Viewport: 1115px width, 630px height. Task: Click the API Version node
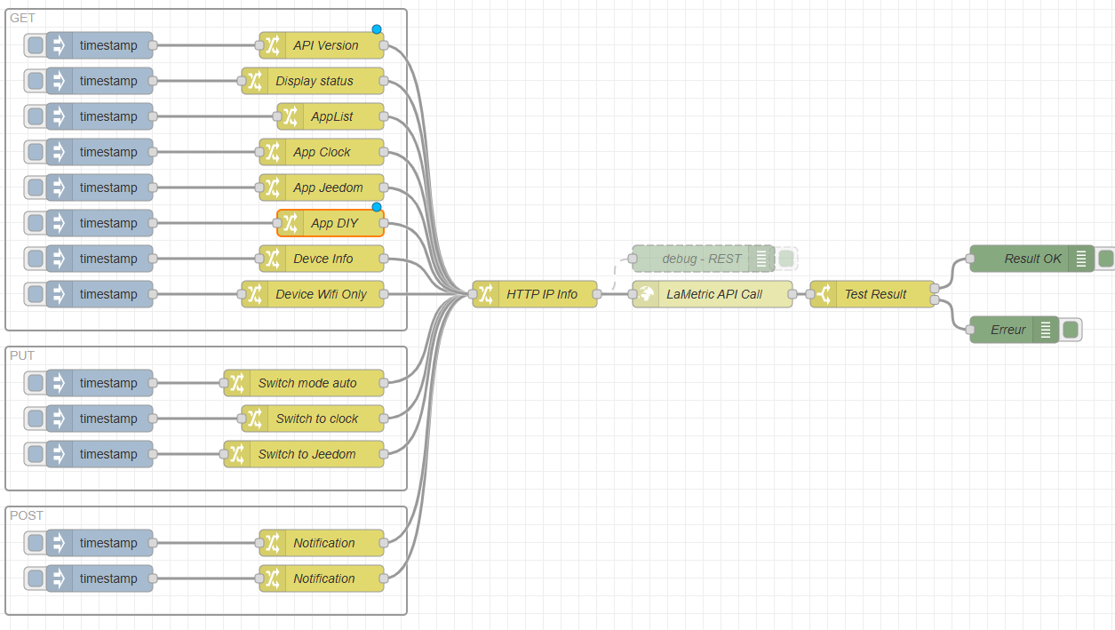tap(322, 45)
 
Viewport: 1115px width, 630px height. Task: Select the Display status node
tap(313, 81)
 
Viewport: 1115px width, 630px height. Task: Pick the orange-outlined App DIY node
tap(331, 223)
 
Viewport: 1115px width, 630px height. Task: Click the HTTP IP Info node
tap(535, 294)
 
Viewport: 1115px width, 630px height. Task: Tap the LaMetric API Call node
tap(713, 294)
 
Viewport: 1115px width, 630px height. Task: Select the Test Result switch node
tap(872, 294)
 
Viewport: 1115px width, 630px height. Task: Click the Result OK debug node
tap(1031, 259)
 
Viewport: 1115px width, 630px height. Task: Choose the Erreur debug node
tap(1015, 330)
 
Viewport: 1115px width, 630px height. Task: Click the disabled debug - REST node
tap(704, 259)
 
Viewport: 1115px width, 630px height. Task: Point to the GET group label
tap(22, 18)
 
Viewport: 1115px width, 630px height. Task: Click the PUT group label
tap(22, 355)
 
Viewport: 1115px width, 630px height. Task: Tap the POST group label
tap(27, 515)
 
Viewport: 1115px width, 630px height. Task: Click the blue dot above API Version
tap(377, 29)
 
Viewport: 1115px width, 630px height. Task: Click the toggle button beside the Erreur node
tap(1071, 330)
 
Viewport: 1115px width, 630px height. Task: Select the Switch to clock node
tap(313, 419)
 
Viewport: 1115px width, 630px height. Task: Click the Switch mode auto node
tap(304, 383)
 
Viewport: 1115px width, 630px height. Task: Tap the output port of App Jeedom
tap(384, 187)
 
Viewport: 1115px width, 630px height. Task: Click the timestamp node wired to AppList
tap(100, 116)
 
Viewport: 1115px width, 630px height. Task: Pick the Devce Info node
tap(322, 259)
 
